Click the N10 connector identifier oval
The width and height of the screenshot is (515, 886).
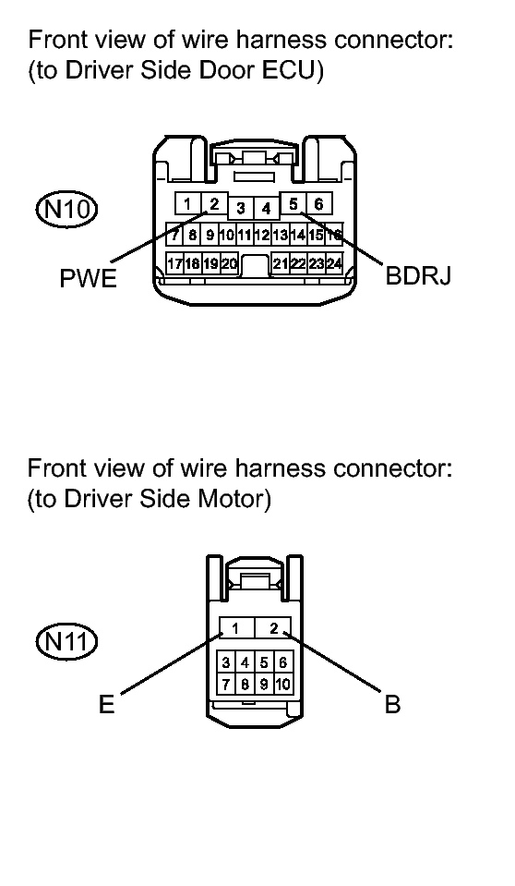66,210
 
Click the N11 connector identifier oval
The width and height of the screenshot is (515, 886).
66,642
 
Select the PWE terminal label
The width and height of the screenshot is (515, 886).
88,279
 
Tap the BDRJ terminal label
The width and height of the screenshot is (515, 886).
418,275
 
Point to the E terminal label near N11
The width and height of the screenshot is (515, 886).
107,705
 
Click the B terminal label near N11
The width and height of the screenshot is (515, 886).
393,705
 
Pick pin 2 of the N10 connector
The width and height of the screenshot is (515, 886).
214,203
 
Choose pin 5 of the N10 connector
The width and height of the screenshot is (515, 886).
293,203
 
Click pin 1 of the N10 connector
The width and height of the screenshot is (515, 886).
188,203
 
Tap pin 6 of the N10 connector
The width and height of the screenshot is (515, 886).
319,203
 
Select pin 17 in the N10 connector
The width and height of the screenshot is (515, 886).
174,263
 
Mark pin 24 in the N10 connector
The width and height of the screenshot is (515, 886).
334,263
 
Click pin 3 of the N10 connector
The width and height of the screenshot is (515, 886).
241,209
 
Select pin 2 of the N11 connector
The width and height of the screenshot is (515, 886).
273,627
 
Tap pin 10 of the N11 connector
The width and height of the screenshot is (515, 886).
283,685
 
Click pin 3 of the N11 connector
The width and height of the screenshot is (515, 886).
226,662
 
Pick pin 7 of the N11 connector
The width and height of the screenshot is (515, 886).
226,685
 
